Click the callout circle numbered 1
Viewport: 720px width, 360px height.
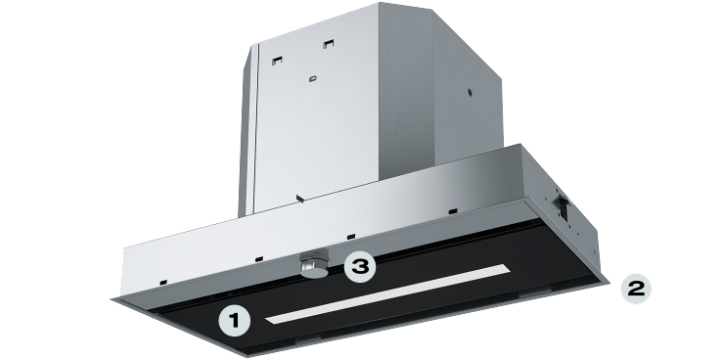tap(234, 321)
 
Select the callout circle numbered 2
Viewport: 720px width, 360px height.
tap(636, 289)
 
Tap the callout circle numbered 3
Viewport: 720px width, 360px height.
tap(360, 266)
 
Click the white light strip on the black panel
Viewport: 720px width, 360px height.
tap(387, 293)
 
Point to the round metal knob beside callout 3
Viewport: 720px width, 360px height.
tap(314, 264)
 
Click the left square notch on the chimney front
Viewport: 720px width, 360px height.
tap(277, 61)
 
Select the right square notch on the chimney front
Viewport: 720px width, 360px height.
tap(328, 44)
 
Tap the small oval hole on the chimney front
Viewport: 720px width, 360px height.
tap(312, 79)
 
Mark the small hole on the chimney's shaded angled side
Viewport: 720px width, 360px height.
tap(470, 92)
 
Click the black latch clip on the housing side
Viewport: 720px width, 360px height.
tap(562, 205)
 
